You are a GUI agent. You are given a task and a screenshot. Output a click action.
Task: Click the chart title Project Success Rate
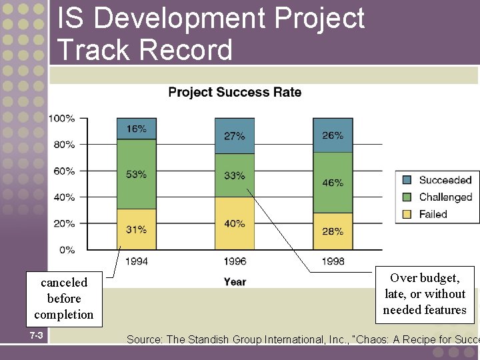235,92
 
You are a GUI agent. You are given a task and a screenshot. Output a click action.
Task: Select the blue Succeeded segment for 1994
136,129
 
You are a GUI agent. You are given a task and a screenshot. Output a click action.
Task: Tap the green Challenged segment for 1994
136,174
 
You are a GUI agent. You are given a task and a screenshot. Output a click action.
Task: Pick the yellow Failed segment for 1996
234,224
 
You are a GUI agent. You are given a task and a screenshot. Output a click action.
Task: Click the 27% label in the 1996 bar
234,135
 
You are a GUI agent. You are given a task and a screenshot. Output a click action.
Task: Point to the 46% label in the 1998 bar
332,182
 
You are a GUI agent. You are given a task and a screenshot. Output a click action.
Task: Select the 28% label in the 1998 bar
332,231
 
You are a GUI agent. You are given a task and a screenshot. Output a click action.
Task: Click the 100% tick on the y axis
62,119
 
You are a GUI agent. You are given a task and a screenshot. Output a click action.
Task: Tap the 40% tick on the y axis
64,197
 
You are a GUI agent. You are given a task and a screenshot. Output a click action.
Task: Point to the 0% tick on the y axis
67,250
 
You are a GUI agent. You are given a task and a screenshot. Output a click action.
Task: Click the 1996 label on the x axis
234,261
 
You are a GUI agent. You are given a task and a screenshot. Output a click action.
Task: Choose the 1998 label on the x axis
332,261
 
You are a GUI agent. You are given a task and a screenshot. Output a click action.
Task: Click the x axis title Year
235,281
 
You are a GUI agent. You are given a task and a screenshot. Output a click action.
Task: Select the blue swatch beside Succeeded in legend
407,180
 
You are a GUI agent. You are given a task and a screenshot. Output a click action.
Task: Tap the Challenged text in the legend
445,197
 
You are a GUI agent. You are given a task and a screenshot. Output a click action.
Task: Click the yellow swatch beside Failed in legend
407,214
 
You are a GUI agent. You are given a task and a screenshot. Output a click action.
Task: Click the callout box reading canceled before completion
64,299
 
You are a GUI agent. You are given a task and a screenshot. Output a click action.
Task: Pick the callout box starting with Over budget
425,294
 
